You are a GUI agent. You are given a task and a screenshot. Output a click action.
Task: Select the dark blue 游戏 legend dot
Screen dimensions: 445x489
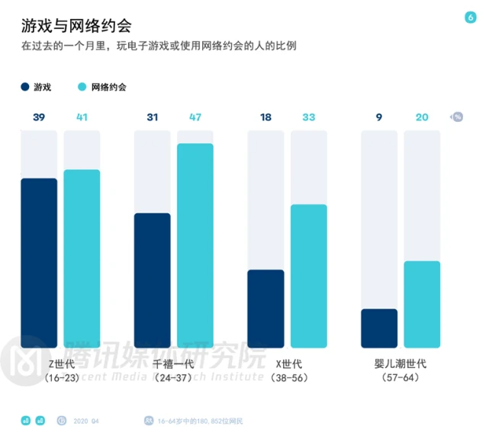(26, 87)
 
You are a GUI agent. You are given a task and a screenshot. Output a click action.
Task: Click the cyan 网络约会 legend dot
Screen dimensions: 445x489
(83, 87)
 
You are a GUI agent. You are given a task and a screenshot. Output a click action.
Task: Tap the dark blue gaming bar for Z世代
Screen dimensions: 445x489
(39, 263)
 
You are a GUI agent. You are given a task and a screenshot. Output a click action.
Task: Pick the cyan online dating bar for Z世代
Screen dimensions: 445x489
(82, 259)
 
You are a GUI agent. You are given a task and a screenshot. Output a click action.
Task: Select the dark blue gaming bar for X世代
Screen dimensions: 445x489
(266, 309)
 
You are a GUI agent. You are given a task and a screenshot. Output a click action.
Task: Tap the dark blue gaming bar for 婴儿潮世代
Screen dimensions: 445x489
(379, 328)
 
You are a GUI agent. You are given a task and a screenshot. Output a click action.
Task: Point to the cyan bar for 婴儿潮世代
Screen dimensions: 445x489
(422, 305)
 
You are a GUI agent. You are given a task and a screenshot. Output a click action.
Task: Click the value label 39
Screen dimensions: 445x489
(39, 117)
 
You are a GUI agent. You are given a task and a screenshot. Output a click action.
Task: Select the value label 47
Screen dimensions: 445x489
(195, 117)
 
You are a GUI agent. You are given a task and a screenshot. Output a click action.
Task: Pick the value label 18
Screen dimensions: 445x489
(266, 117)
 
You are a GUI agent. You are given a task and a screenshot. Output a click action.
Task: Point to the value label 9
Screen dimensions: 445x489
(379, 117)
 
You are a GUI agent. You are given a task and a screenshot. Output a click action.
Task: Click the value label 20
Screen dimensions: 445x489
(422, 117)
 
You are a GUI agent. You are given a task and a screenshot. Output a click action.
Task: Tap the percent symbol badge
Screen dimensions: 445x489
(457, 117)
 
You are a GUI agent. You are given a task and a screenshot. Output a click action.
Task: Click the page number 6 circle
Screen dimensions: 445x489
(470, 18)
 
